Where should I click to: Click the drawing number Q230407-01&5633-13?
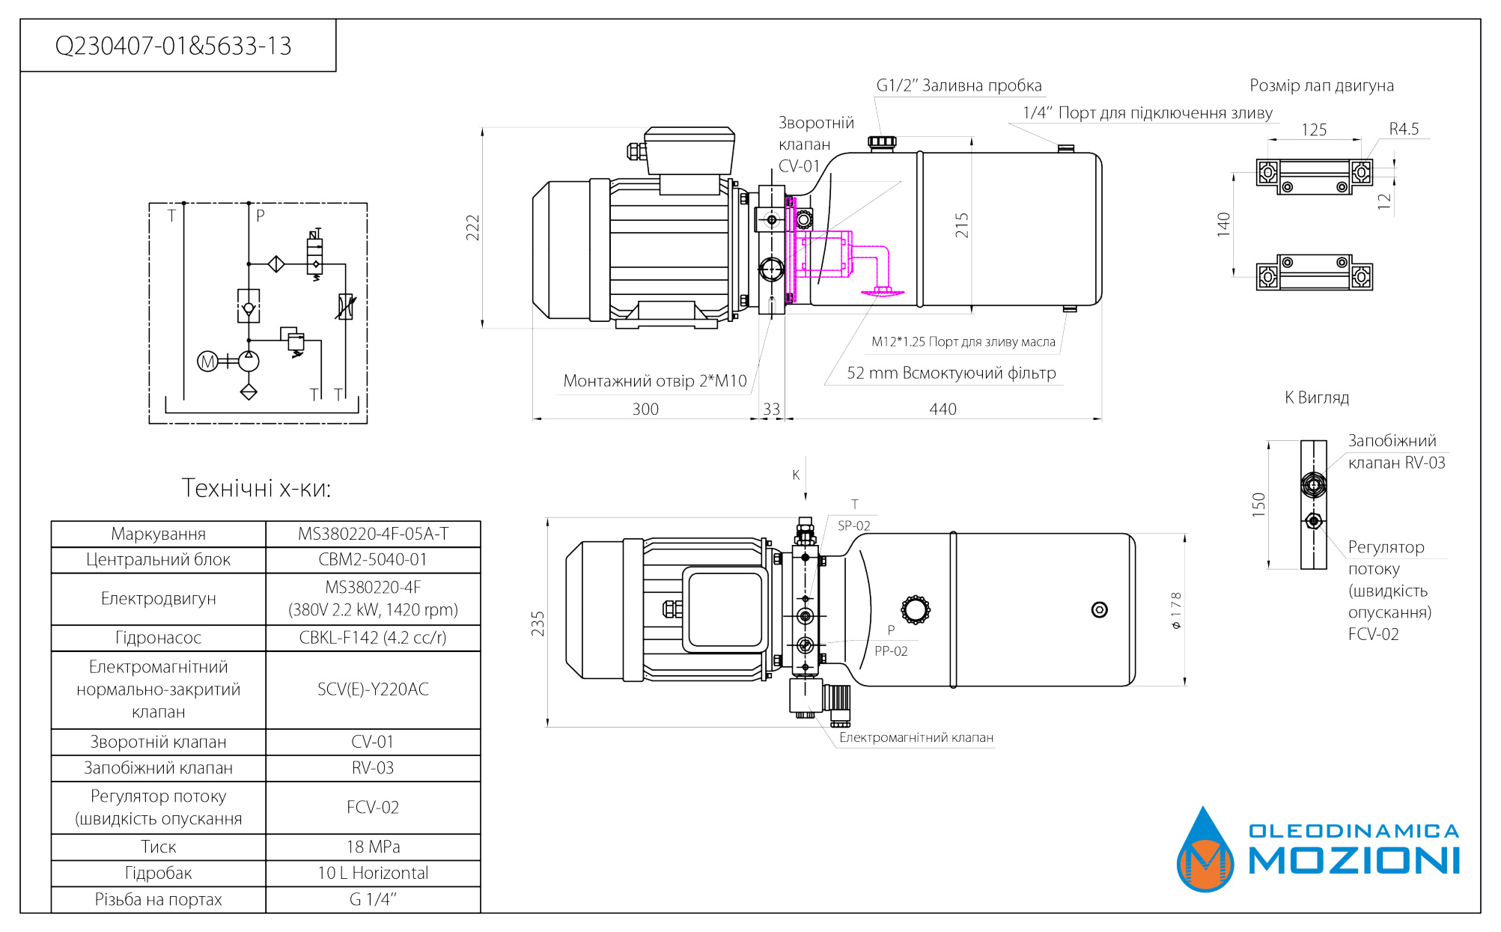173,46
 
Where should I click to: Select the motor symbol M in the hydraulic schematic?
207,362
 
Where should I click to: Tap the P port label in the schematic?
261,216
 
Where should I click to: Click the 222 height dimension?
472,228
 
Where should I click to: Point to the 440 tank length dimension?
943,409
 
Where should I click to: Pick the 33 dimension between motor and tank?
771,409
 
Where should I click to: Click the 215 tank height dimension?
962,225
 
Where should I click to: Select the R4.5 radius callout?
1404,129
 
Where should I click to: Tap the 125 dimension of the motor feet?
1314,130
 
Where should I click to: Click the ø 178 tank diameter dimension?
1176,610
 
